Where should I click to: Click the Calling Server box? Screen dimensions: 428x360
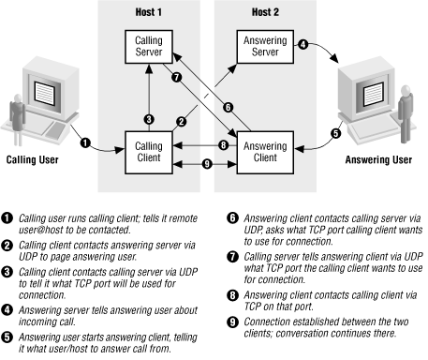[149, 47]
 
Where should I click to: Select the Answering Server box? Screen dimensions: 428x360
[265, 47]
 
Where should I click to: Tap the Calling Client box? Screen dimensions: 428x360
[149, 153]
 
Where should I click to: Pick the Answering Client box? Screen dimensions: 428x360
[265, 153]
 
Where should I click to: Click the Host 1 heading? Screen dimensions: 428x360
[149, 12]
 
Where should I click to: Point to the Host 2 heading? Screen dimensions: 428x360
[265, 12]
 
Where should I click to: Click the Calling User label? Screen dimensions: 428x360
[33, 159]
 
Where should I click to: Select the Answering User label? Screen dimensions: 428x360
[378, 159]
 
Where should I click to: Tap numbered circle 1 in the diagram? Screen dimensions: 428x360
[85, 143]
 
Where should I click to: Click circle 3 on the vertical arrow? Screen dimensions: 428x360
[149, 119]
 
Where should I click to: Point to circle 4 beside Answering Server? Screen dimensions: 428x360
[303, 44]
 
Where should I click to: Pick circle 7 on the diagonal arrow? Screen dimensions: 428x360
[177, 77]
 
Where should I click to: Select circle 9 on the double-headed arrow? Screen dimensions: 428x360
[207, 164]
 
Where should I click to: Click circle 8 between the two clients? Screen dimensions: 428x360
[223, 145]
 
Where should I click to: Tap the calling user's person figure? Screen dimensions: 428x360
[18, 119]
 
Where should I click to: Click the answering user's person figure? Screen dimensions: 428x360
[406, 113]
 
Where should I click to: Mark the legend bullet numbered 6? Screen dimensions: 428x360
[232, 218]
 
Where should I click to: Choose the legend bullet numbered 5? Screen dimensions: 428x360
[7, 337]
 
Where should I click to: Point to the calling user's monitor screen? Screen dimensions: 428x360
[45, 93]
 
